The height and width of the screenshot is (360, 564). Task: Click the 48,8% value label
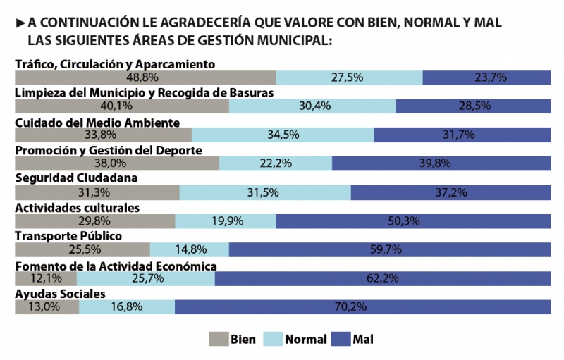tap(142, 77)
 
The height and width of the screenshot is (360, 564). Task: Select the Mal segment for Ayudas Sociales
tap(363, 307)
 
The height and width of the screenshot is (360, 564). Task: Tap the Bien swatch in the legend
tap(219, 339)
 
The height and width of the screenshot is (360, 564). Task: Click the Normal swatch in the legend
tap(272, 339)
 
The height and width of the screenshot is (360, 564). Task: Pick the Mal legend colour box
tap(340, 339)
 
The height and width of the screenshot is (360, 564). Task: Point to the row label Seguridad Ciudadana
tap(76, 179)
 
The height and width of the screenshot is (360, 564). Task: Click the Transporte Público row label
tap(69, 236)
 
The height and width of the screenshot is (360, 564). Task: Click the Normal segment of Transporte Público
tap(190, 249)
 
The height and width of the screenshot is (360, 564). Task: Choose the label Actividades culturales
tap(78, 207)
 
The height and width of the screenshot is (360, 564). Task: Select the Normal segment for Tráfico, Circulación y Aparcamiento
tap(349, 77)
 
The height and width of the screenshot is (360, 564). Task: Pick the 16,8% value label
tap(127, 307)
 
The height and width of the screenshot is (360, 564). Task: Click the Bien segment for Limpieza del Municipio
tap(122, 106)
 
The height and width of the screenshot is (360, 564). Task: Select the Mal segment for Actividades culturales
tap(413, 221)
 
